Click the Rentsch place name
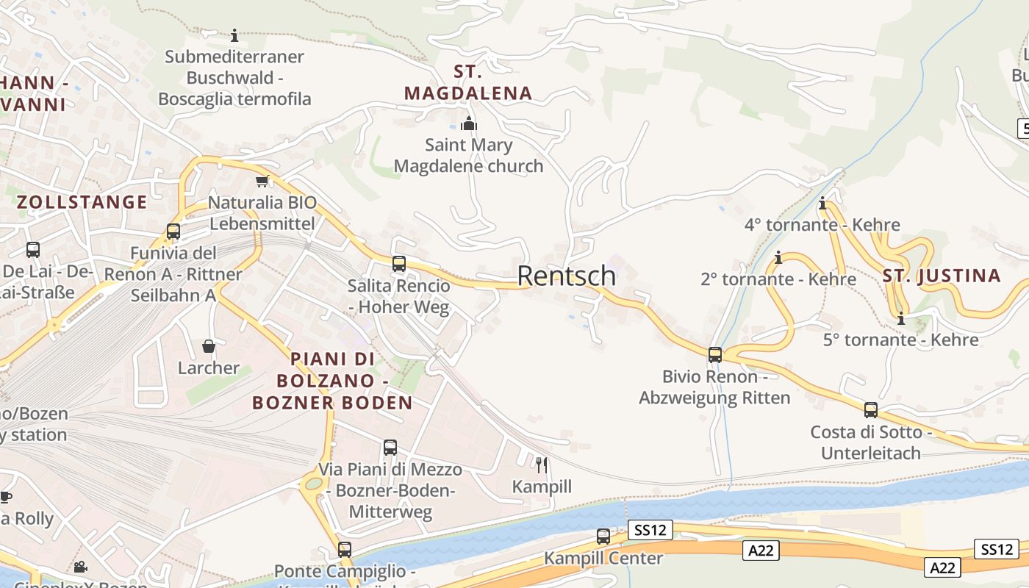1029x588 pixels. click(567, 276)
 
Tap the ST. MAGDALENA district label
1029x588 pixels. click(468, 82)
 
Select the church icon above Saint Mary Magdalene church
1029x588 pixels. click(468, 123)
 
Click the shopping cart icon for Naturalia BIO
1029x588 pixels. click(262, 181)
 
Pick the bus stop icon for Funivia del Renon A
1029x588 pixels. click(173, 232)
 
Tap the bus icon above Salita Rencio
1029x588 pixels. click(399, 264)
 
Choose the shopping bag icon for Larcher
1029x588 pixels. click(209, 346)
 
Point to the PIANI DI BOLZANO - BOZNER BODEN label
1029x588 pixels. click(332, 381)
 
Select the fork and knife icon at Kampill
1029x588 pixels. click(542, 465)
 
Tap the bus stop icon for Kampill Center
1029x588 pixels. click(603, 537)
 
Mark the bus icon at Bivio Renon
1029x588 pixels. click(715, 355)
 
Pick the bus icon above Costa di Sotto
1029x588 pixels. click(871, 410)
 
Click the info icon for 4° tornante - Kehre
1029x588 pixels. click(822, 204)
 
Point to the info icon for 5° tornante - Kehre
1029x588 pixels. click(901, 319)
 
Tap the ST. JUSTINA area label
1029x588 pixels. click(942, 276)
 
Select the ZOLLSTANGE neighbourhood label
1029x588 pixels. click(82, 202)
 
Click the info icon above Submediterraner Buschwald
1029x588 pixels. click(234, 35)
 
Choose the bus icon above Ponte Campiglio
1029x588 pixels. click(345, 549)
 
